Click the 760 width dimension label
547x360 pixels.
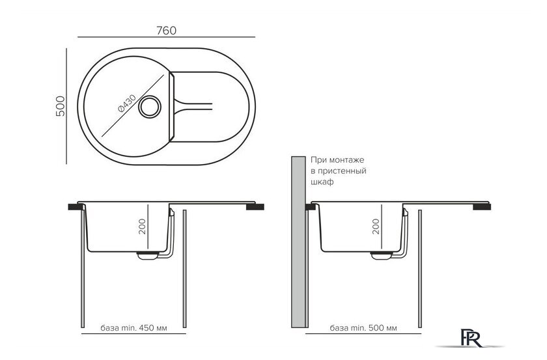pos(167,31)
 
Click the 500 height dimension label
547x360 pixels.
pos(61,106)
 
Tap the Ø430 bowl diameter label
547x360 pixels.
pos(127,104)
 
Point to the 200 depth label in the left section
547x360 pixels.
pos(143,227)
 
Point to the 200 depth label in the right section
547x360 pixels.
pos(376,227)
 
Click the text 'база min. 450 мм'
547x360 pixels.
pos(133,328)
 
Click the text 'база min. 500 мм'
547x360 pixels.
pos(363,328)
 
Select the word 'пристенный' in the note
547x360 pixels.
pos(342,171)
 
